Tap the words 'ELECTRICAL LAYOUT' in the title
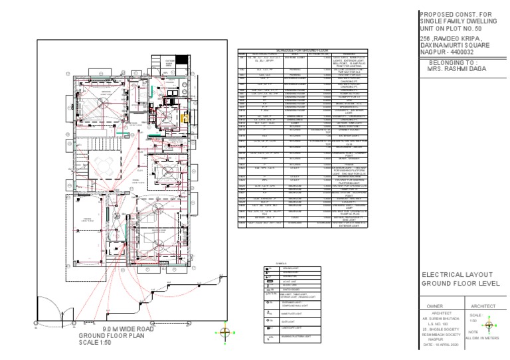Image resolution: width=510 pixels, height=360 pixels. coord(458,274)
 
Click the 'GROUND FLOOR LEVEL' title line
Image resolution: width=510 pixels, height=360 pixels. coord(460,284)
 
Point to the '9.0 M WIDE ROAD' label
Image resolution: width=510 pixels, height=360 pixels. coord(116,328)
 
